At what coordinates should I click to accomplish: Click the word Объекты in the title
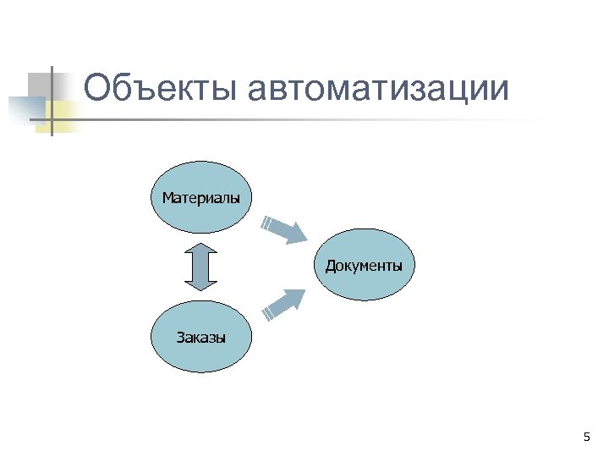[x=161, y=90]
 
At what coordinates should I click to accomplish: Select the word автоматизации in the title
[x=380, y=90]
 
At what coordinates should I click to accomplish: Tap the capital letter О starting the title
[x=100, y=89]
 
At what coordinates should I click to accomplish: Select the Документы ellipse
[x=364, y=266]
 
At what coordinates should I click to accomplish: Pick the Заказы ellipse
[x=200, y=338]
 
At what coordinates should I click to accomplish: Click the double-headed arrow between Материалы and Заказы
[x=200, y=267]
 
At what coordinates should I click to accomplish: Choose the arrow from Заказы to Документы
[x=284, y=303]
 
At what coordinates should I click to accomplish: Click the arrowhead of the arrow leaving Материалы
[x=296, y=234]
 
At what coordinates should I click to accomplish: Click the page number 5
[x=586, y=437]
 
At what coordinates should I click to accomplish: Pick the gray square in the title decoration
[x=39, y=84]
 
